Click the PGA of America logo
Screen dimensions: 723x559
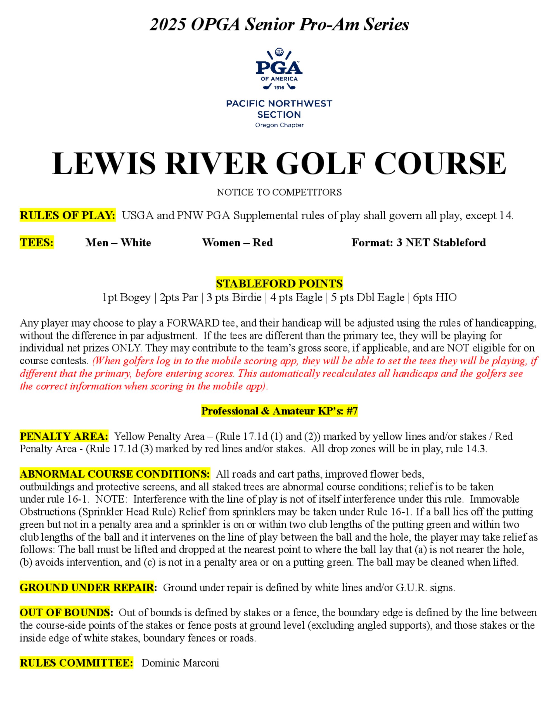tap(279, 70)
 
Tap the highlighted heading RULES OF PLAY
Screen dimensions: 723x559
tap(68, 215)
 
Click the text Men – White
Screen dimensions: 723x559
tap(118, 243)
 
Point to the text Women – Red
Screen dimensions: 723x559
tap(238, 243)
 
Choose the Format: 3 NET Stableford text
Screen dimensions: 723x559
tap(419, 243)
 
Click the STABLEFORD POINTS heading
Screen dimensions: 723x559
tap(279, 284)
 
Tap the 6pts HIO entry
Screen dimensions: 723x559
tap(435, 298)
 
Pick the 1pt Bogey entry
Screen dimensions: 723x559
tap(126, 298)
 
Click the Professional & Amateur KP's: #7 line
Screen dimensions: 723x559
tap(279, 411)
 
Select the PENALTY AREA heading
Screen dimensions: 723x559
tap(64, 436)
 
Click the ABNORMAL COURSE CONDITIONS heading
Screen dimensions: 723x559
tap(115, 474)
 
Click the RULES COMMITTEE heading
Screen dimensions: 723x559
tap(76, 663)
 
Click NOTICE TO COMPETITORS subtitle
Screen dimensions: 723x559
tap(279, 192)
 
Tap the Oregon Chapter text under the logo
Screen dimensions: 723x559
tap(279, 125)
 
